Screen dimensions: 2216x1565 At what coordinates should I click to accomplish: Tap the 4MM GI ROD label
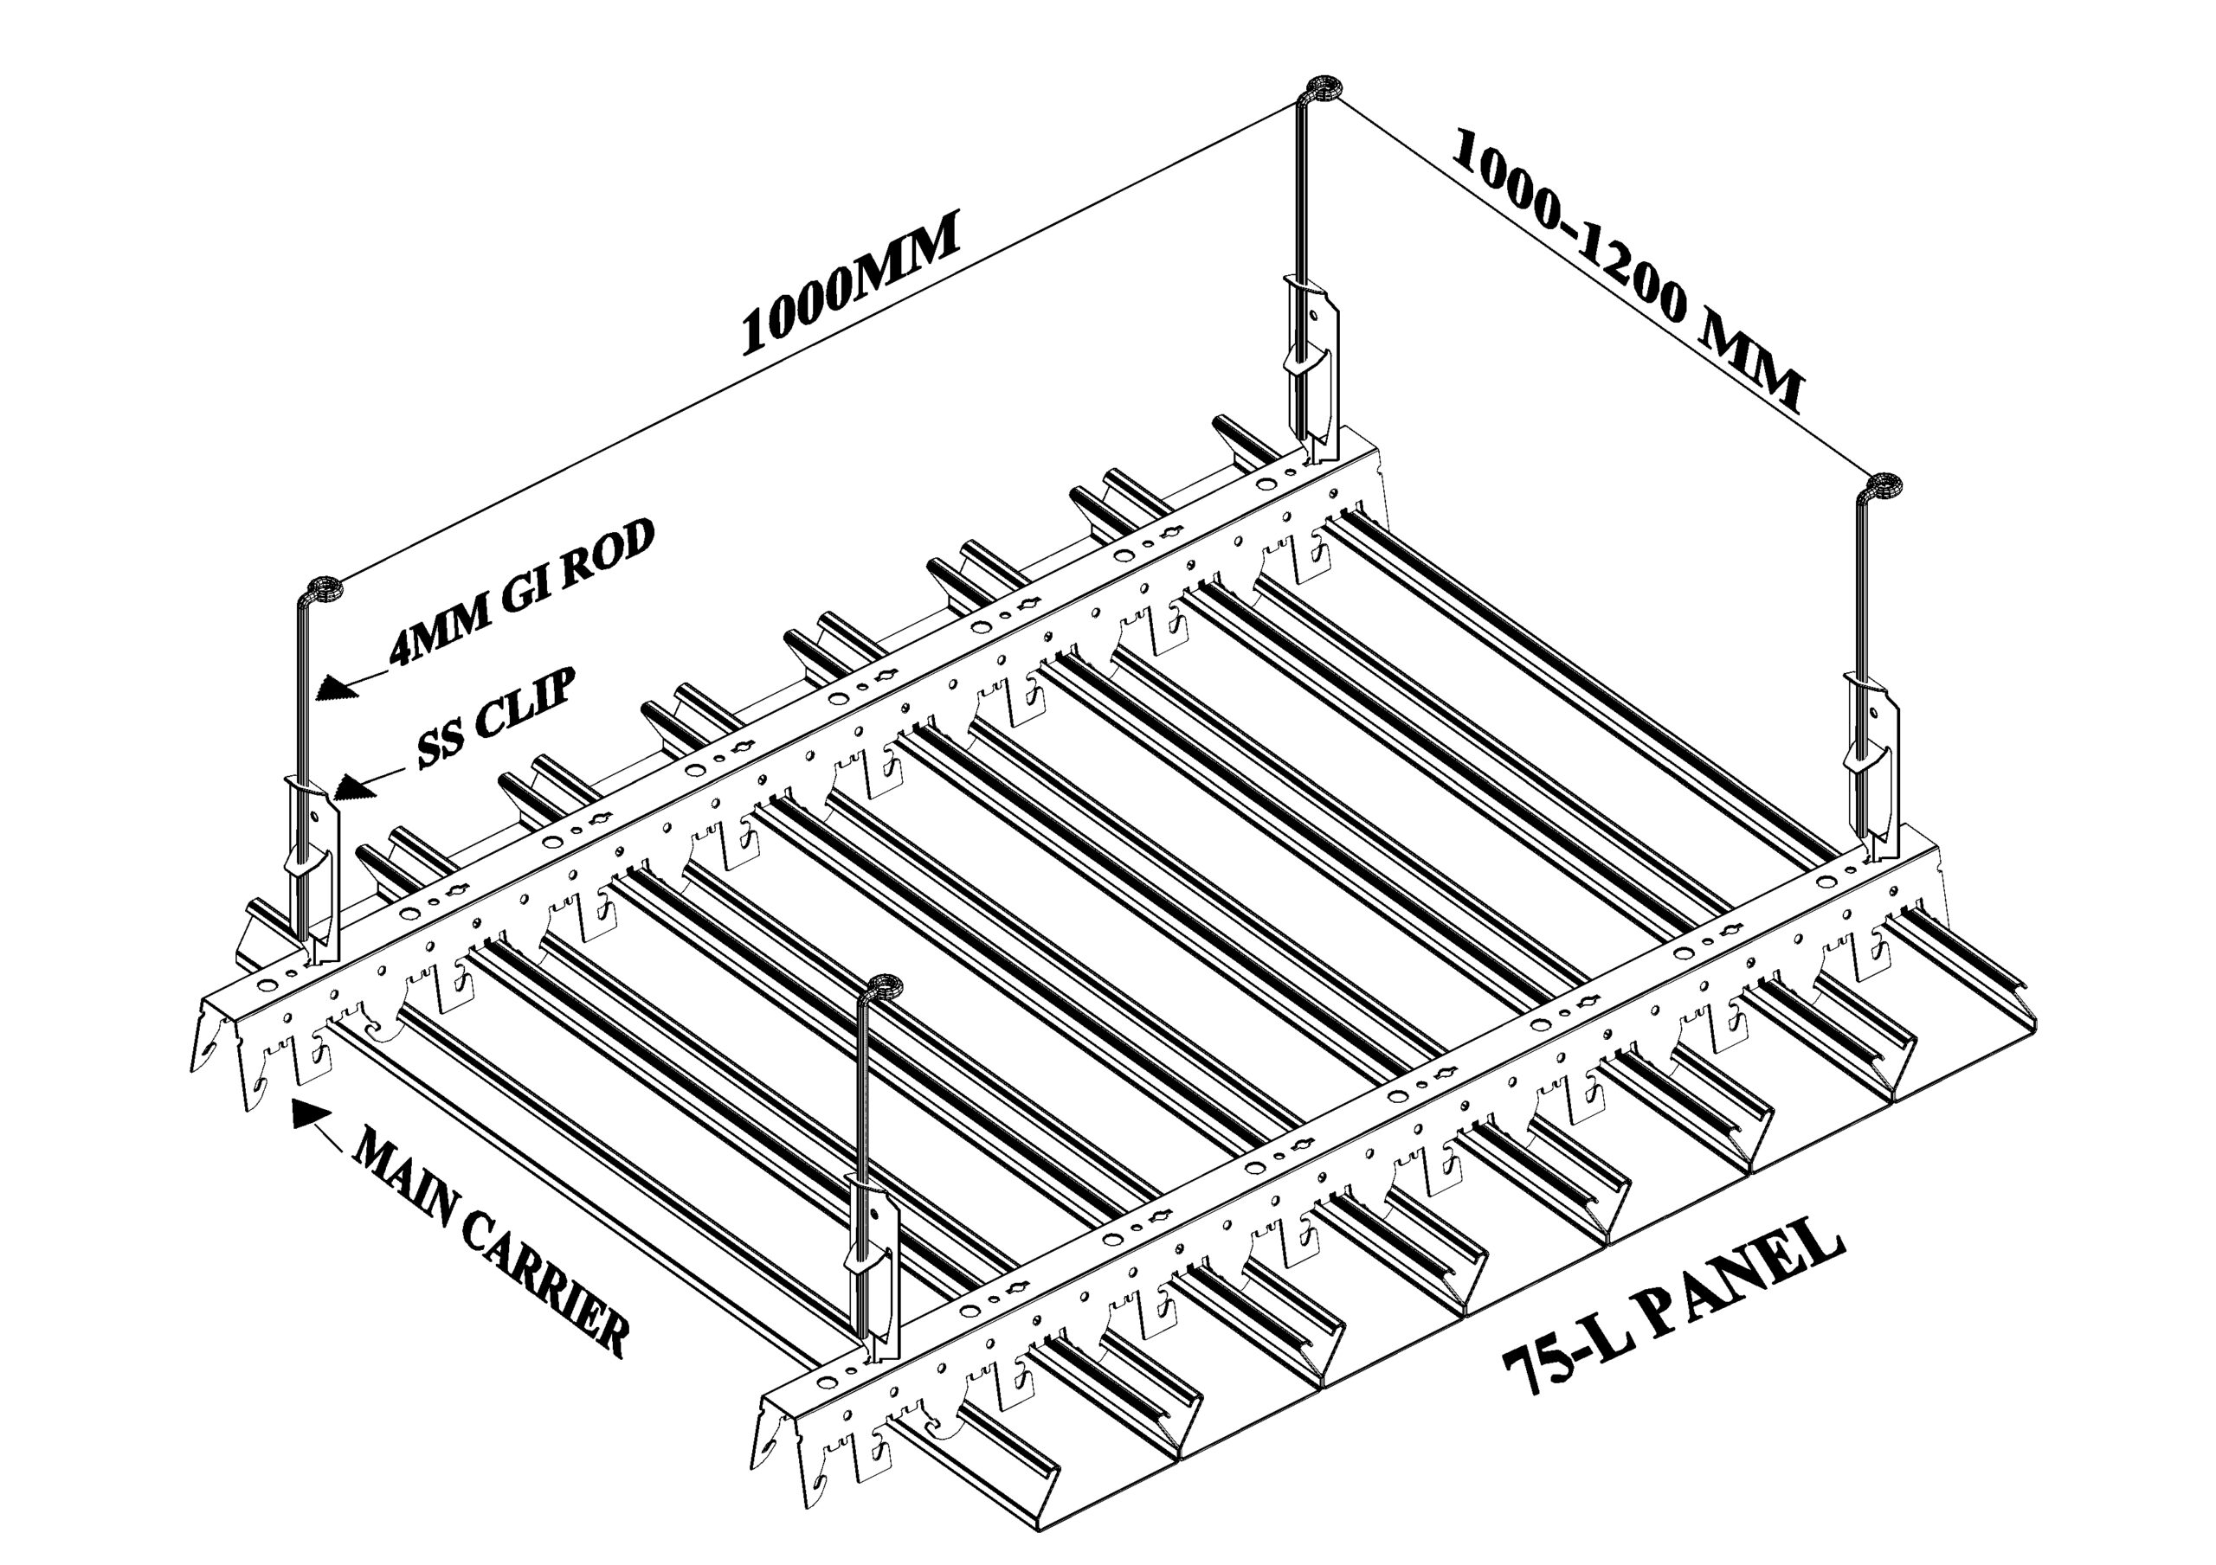[x=522, y=593]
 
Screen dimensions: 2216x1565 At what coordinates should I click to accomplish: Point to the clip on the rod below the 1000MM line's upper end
[x=1311, y=367]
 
